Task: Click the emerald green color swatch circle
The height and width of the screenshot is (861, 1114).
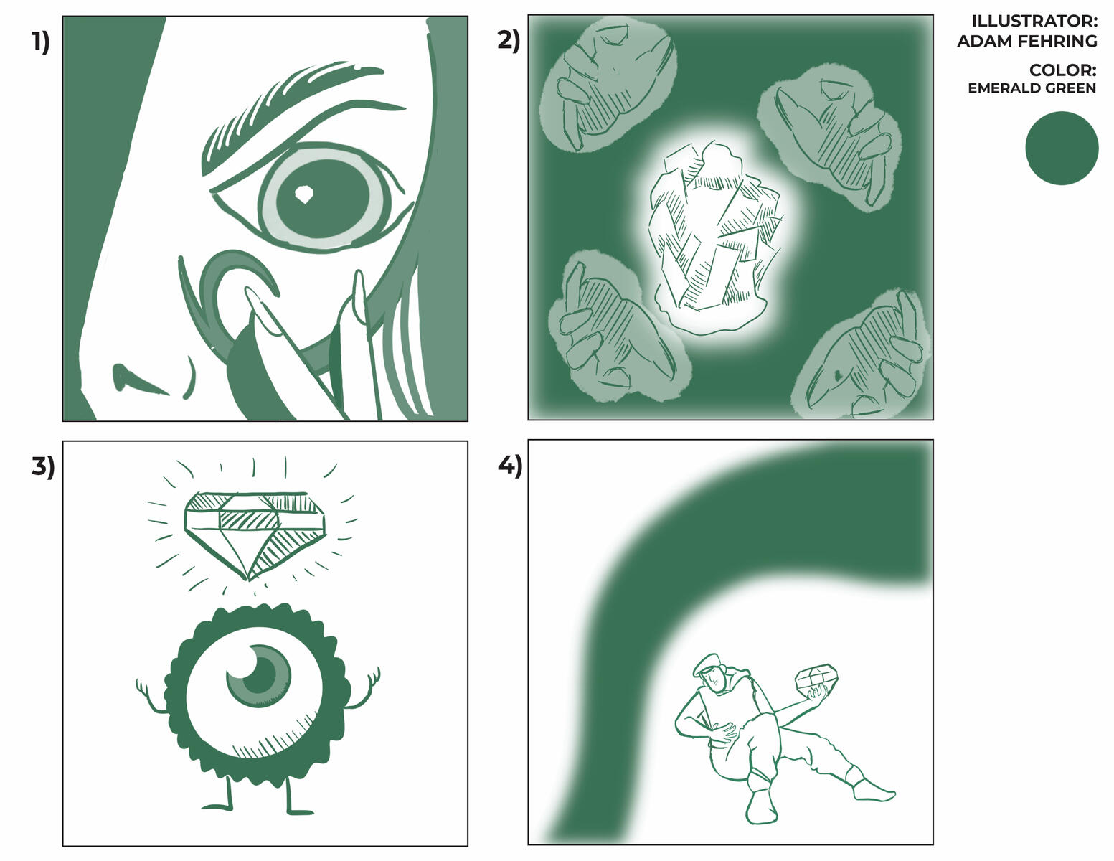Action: tap(1062, 148)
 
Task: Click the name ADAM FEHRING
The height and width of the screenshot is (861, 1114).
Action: tap(1026, 41)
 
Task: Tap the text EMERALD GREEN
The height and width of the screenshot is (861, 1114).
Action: tap(1032, 88)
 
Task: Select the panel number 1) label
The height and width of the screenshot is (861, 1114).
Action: tap(41, 42)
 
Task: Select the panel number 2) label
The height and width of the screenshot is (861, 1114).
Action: tap(508, 41)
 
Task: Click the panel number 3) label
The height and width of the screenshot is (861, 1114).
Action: tap(42, 466)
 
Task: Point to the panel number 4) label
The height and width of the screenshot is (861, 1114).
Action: tap(509, 466)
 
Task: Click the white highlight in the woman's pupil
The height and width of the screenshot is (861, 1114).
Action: tap(304, 194)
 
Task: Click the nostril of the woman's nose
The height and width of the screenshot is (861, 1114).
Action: tap(133, 378)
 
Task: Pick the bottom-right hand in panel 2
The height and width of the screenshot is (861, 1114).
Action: tap(864, 359)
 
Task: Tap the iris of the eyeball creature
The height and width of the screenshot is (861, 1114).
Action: tap(260, 674)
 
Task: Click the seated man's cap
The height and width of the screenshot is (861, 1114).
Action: tap(706, 663)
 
